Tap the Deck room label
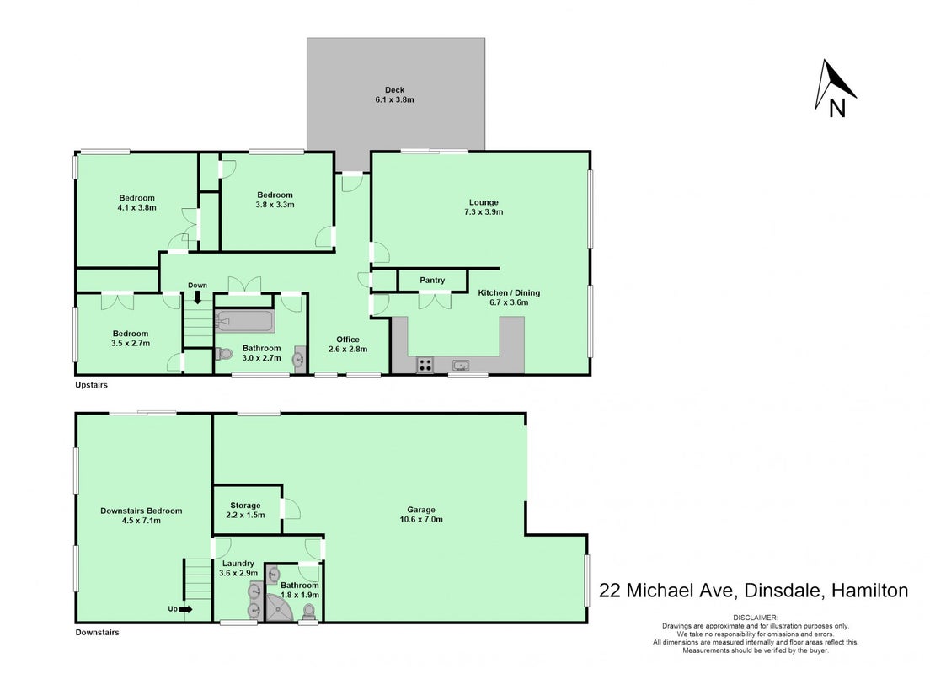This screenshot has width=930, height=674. pos(394,90)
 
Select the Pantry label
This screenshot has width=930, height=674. pos(432,280)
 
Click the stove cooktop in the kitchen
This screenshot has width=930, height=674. pos(425,364)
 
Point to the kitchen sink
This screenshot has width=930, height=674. pos(461,365)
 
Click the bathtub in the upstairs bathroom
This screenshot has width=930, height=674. pos(245,322)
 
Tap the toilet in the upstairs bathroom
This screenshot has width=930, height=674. pos(223,354)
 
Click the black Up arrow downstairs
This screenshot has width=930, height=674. pos(185,609)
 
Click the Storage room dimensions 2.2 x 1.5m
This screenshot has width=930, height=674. pos(245,515)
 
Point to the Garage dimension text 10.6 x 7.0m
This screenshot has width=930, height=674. pos(421,519)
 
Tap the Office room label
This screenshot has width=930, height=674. pos(348,340)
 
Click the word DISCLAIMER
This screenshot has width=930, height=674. pos(756,618)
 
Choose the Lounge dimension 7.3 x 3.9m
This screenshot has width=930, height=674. pos(484,211)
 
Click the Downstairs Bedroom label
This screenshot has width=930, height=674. pos(142,511)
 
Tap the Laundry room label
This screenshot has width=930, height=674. pos(238,564)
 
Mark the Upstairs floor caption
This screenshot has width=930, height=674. pos(91,385)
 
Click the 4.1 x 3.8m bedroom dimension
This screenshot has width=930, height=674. pos(137,207)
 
